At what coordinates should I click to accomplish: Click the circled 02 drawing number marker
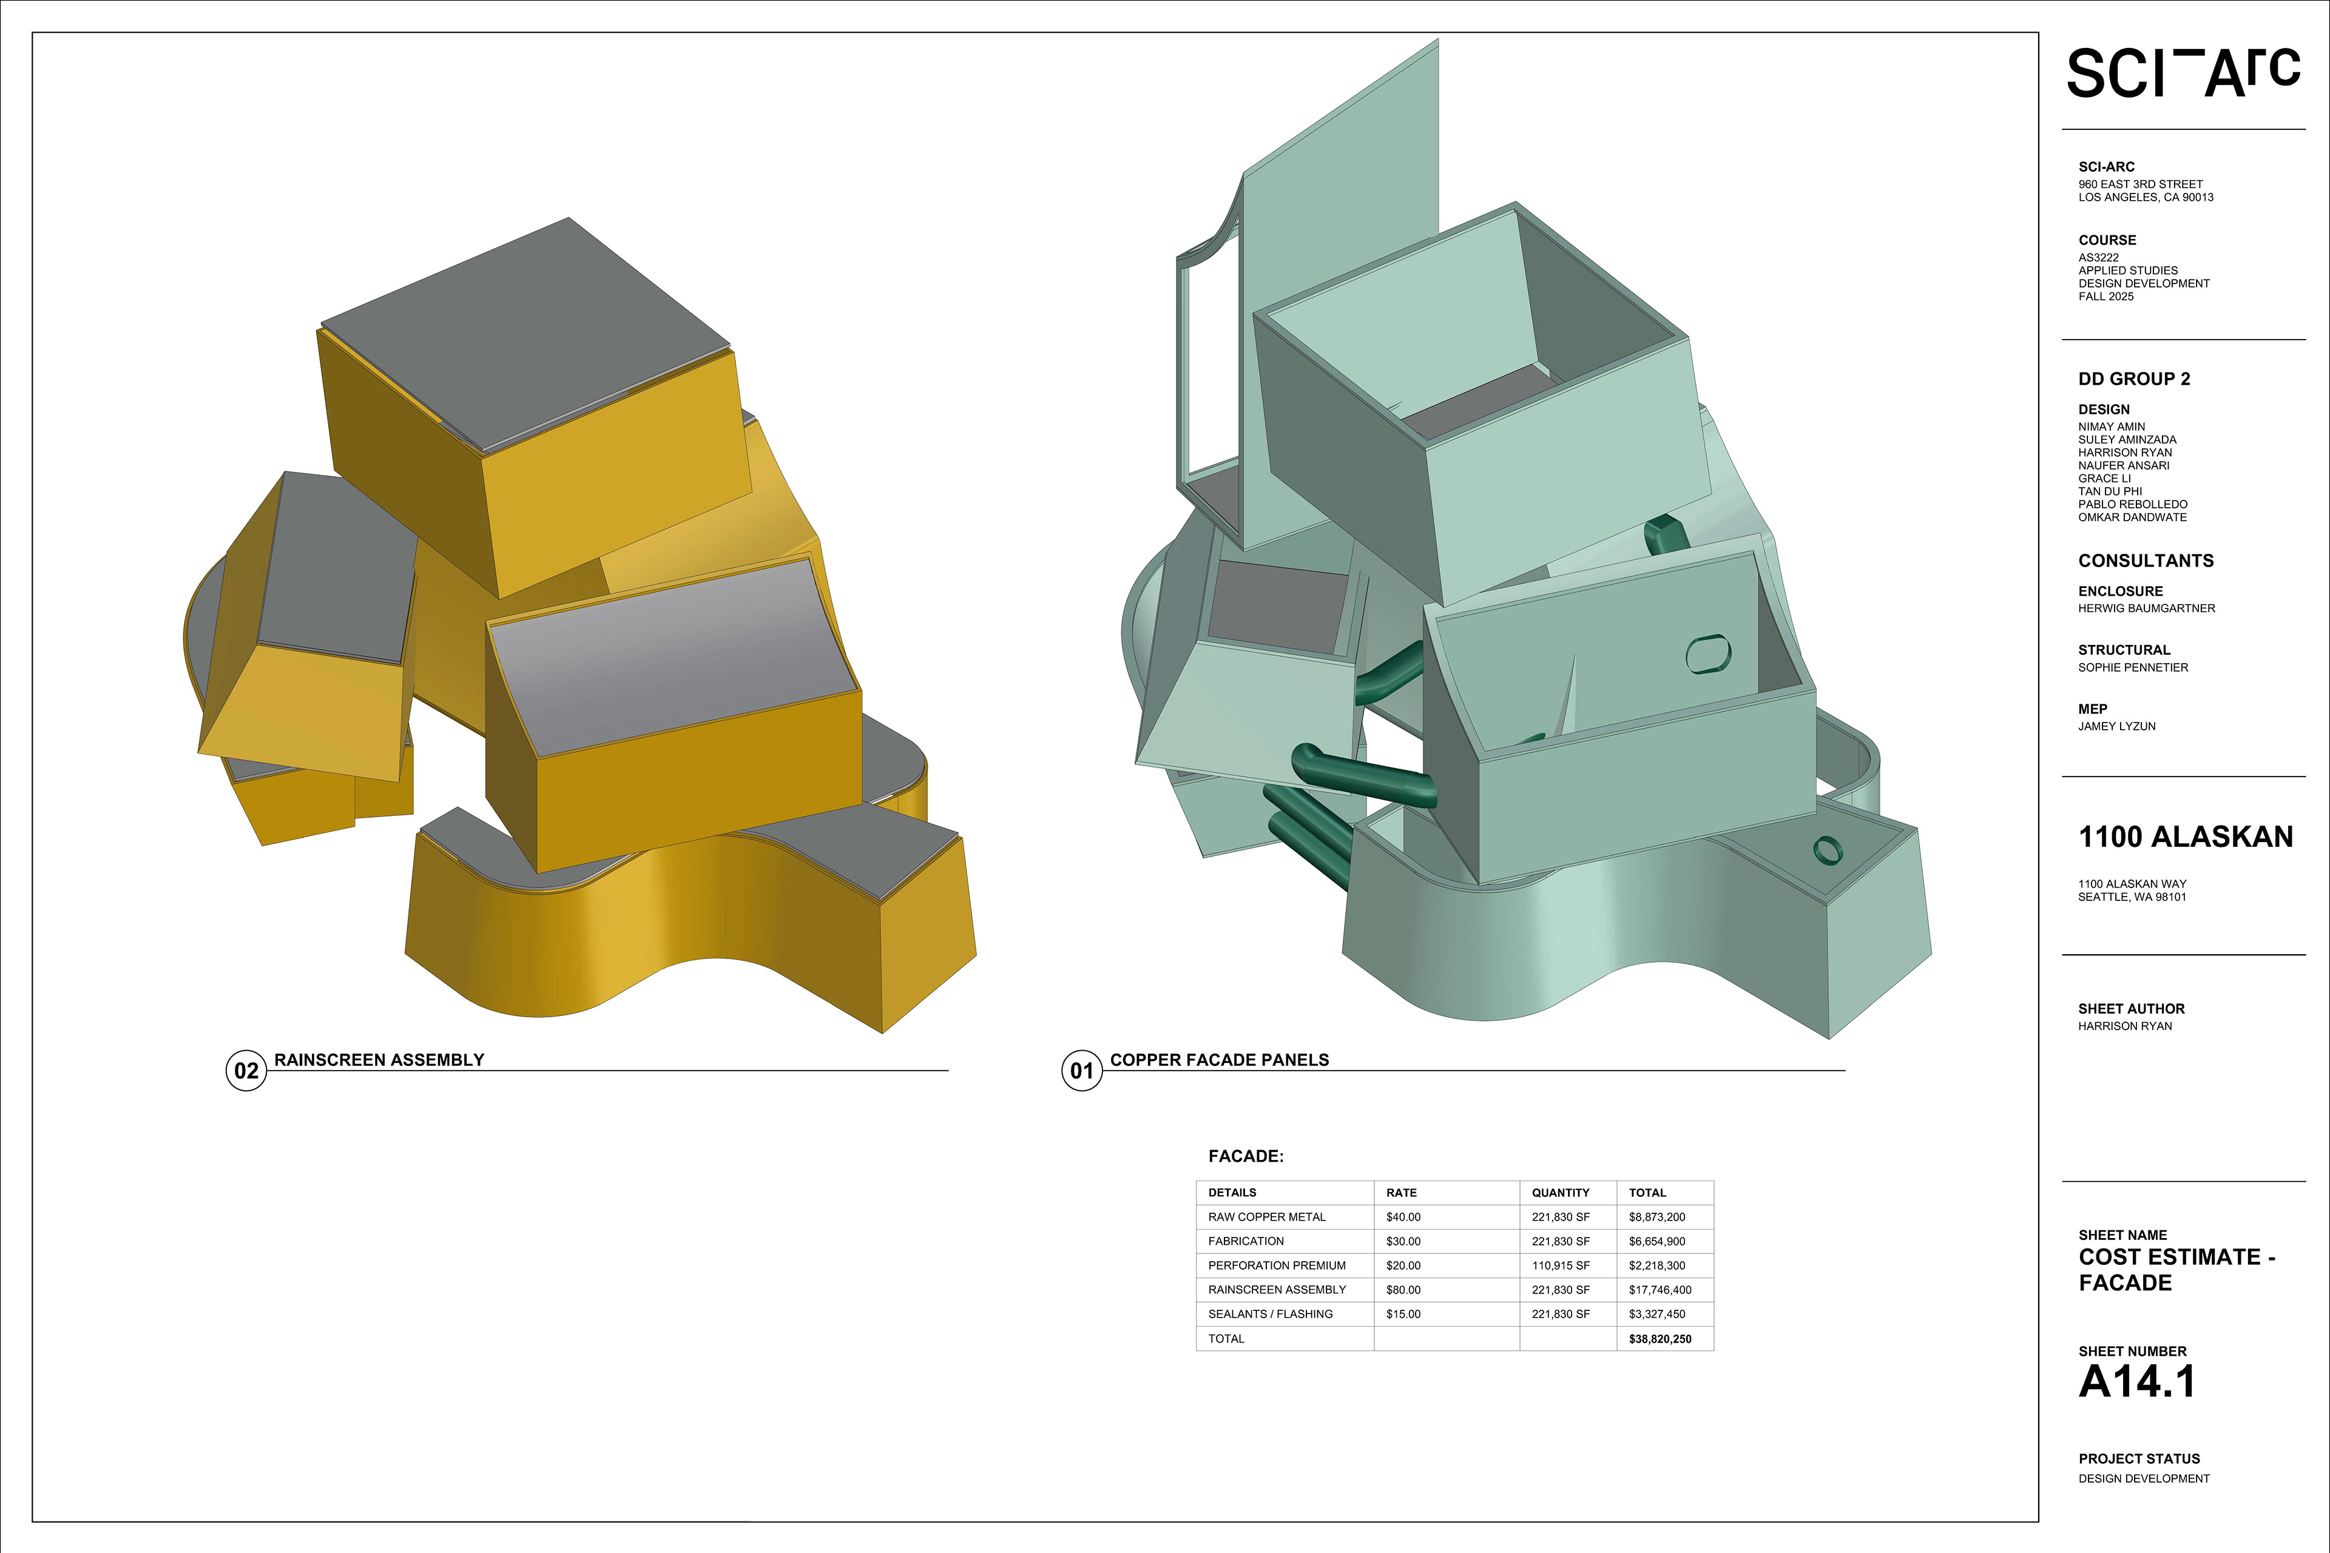click(x=246, y=1071)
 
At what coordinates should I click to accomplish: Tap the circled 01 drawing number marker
click(x=1082, y=1071)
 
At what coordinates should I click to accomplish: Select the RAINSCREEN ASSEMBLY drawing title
click(x=379, y=1060)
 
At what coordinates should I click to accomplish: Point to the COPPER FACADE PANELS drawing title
click(x=1220, y=1060)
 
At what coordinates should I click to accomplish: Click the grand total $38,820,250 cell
click(x=1660, y=1339)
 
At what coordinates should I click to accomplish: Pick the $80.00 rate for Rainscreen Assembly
click(x=1403, y=1290)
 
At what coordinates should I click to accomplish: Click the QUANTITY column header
click(x=1560, y=1193)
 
